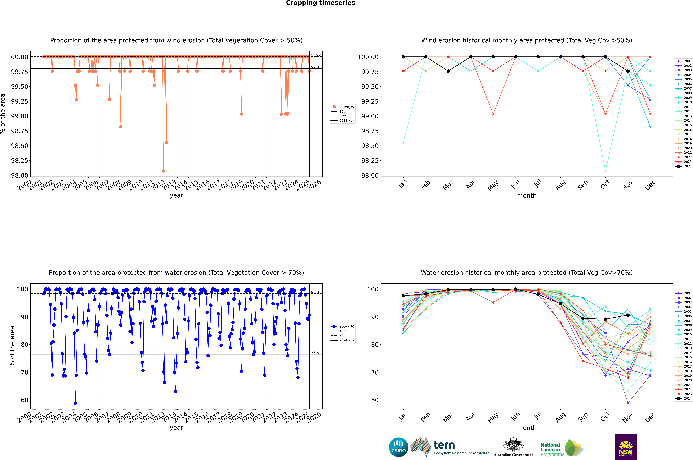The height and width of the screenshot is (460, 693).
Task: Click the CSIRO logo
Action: [x=398, y=447]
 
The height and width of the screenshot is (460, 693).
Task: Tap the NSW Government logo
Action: [x=626, y=447]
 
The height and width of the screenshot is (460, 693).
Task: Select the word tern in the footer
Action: [x=444, y=445]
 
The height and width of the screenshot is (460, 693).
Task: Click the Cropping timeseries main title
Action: [x=320, y=3]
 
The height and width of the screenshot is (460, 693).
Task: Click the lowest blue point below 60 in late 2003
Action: [x=75, y=403]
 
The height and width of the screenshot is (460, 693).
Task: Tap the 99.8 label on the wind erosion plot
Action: [x=315, y=67]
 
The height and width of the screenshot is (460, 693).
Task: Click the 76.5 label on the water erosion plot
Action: [x=315, y=353]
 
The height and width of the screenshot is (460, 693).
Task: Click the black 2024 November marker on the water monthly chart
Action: [x=628, y=315]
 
